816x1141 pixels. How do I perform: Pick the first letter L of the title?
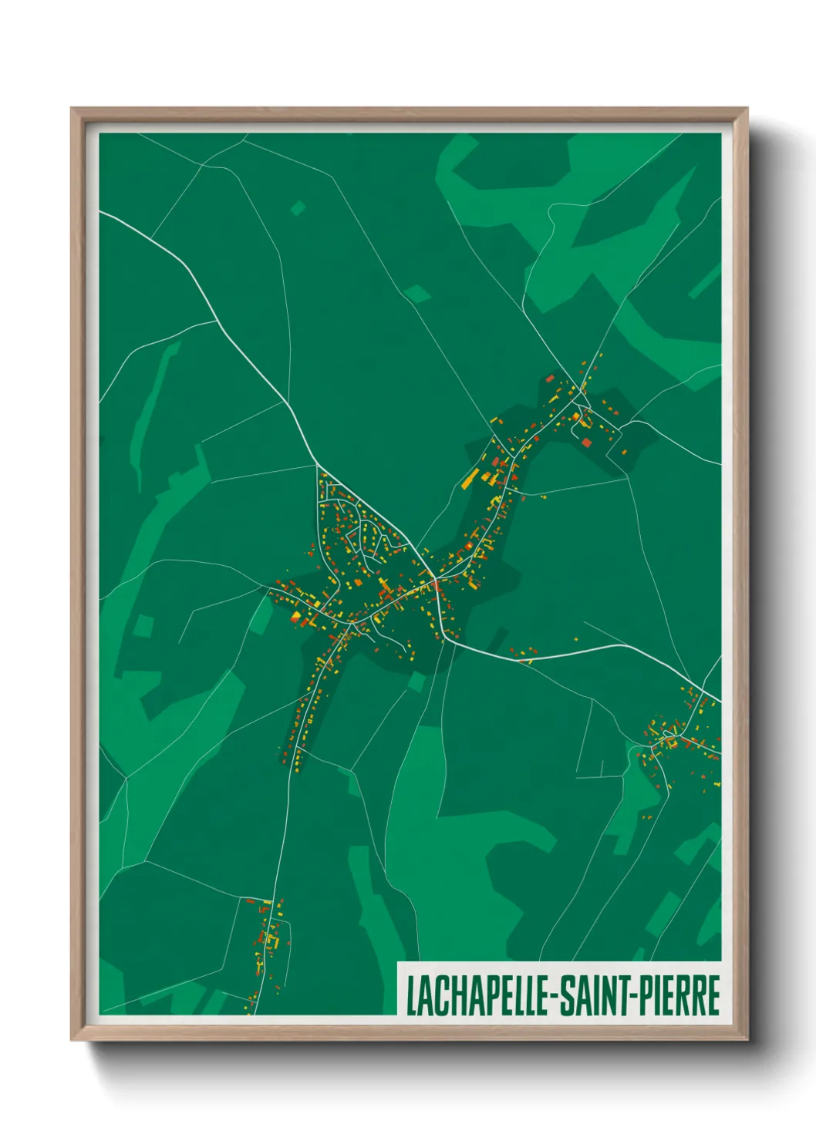[x=410, y=995]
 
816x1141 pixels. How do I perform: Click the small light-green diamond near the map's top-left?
[x=298, y=207]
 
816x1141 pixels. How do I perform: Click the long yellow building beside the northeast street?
[x=469, y=480]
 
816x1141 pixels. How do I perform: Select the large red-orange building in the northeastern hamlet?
[x=586, y=443]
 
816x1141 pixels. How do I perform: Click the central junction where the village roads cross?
[x=434, y=579]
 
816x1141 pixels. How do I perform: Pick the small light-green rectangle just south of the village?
[x=416, y=682]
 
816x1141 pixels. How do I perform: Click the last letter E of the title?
[x=713, y=995]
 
